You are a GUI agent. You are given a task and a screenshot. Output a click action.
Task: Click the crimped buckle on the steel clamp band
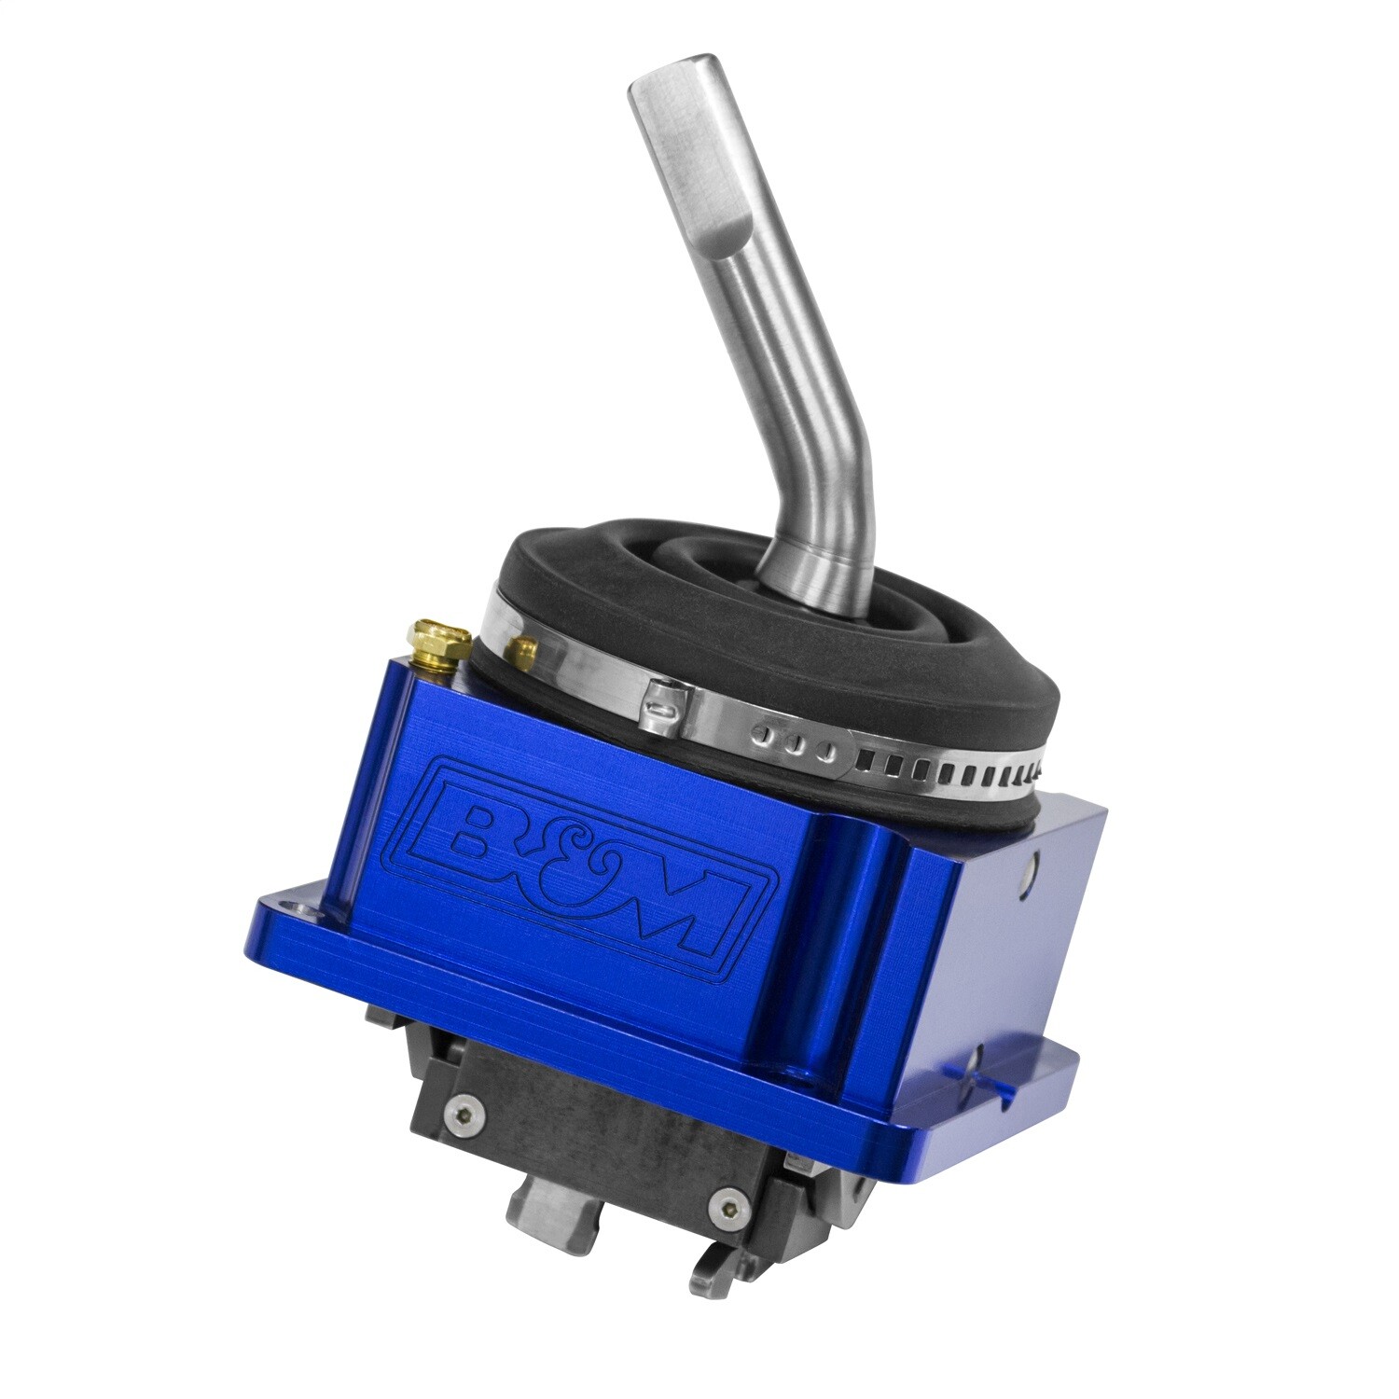[x=665, y=699]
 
